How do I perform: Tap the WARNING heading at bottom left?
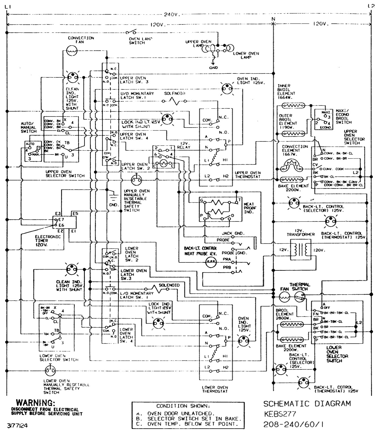coord(35,403)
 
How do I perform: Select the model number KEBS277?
coord(280,414)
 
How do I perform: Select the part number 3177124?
coord(17,426)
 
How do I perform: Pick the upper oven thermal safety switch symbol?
coord(136,180)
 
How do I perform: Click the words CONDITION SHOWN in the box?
coord(183,406)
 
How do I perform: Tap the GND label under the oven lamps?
coord(213,68)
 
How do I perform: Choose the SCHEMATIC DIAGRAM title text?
coord(307,404)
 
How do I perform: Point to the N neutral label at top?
coord(273,19)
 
